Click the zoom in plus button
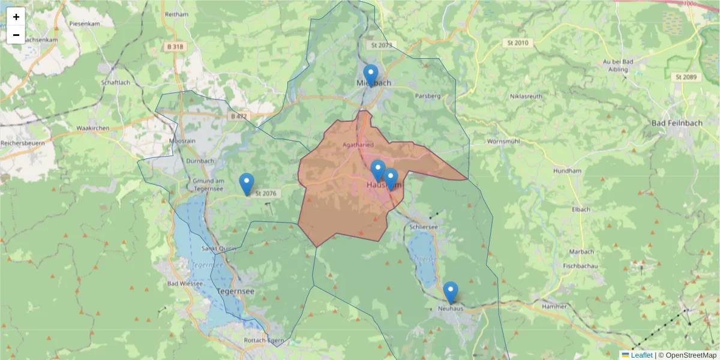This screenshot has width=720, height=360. (x=16, y=17)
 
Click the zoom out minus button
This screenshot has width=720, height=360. (x=16, y=35)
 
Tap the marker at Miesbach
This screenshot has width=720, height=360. (x=371, y=75)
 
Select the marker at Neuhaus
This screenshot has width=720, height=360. (x=450, y=292)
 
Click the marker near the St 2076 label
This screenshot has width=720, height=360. (x=247, y=184)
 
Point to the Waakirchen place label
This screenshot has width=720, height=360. (x=92, y=128)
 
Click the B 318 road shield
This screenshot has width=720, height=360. (x=176, y=47)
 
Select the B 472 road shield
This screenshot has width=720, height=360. (x=238, y=116)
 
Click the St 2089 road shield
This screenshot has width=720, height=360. (x=685, y=77)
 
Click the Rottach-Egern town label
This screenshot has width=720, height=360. (x=263, y=340)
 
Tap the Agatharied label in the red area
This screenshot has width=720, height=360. (x=358, y=145)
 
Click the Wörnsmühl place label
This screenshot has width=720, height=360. (x=503, y=142)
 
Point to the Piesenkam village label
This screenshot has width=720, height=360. (x=83, y=23)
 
